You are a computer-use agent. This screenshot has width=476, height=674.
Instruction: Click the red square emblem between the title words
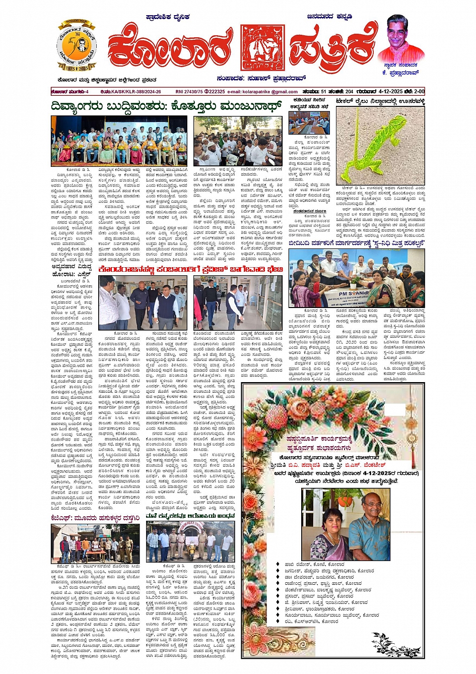[x=259, y=48]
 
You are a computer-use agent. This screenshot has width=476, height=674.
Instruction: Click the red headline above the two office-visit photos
[x=191, y=270]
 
